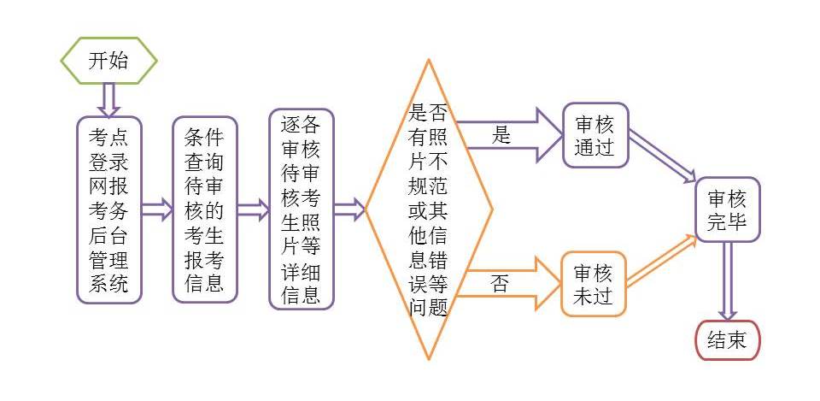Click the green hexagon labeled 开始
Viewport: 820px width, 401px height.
pyautogui.click(x=108, y=61)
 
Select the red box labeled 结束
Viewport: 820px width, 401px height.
pyautogui.click(x=727, y=340)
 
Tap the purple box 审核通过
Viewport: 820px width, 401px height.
pyautogui.click(x=594, y=135)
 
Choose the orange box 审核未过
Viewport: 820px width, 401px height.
pyautogui.click(x=593, y=284)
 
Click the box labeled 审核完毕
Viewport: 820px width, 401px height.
pyautogui.click(x=727, y=210)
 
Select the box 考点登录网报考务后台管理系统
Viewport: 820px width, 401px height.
pyautogui.click(x=108, y=210)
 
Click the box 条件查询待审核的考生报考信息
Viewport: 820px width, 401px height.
pyautogui.click(x=204, y=210)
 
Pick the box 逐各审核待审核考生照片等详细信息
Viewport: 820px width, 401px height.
pyautogui.click(x=301, y=210)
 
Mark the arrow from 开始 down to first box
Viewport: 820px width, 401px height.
pyautogui.click(x=108, y=99)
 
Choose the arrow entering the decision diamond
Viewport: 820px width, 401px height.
pyautogui.click(x=349, y=210)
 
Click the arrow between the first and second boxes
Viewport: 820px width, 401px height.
pyautogui.click(x=156, y=210)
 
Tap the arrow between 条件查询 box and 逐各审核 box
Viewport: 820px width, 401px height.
pyautogui.click(x=252, y=210)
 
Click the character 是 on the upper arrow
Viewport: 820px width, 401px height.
pyautogui.click(x=501, y=135)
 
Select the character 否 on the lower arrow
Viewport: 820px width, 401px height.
pyautogui.click(x=501, y=284)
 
